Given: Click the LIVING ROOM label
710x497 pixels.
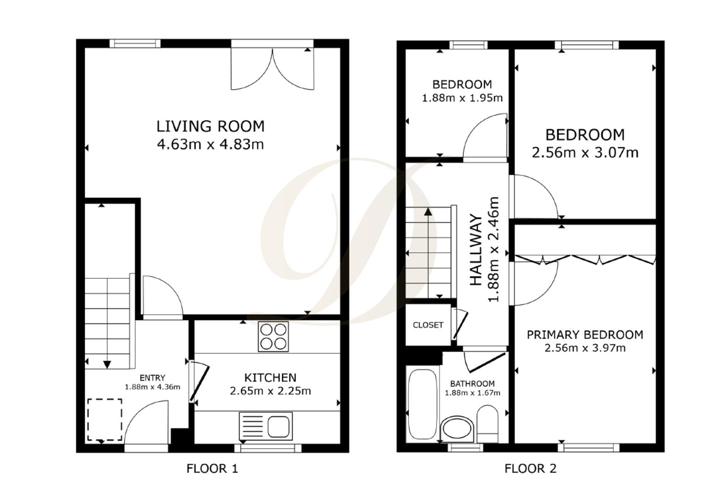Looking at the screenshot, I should pos(210,126).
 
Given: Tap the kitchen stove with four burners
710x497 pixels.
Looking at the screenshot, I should pos(273,336).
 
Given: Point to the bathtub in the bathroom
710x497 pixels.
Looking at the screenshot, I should pos(422,404).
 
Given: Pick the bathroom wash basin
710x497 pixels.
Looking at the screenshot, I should pos(456,429).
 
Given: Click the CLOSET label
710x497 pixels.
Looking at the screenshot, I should pos(428,325).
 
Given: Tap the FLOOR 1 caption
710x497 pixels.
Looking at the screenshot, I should pos(212,469).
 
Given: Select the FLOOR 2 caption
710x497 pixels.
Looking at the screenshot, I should pos(530,469).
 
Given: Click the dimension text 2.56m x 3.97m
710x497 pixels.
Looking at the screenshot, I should pos(585,348).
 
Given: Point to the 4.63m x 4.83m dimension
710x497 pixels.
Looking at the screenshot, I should pos(210,144).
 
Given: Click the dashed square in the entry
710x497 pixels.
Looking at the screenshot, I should pos(104,420).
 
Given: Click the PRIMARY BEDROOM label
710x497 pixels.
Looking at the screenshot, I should pos(585,335).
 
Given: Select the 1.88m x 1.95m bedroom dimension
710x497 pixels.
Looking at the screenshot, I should pos(462,98).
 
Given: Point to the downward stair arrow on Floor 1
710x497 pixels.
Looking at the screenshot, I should pos(107,364).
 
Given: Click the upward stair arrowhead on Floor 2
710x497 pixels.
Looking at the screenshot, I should pos(428,212).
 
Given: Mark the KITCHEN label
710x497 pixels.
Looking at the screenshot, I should pos(270,378).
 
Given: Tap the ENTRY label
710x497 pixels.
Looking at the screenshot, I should pos(152,378).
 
